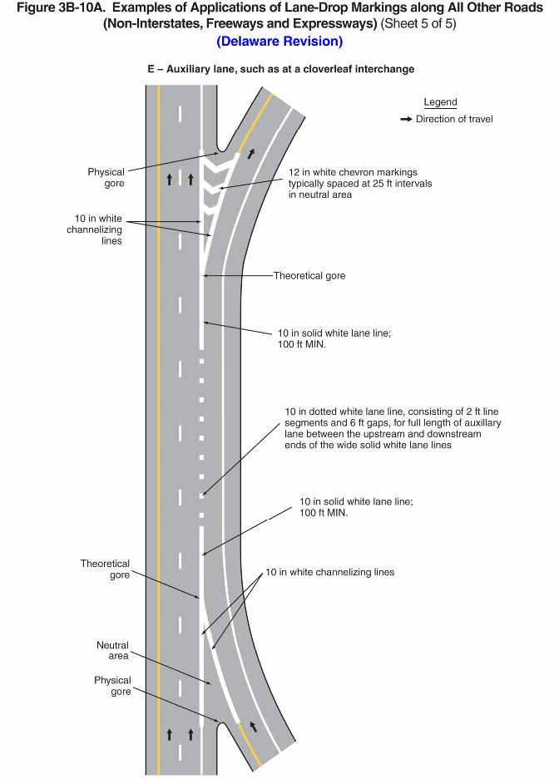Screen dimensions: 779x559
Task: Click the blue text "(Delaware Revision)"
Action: point(279,42)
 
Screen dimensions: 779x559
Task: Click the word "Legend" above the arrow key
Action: point(440,102)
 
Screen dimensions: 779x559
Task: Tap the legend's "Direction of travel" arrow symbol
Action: point(406,119)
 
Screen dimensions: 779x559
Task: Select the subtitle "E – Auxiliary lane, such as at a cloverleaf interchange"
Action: point(280,69)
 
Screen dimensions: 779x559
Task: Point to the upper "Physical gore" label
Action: point(106,177)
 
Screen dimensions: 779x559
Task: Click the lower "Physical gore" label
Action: point(112,686)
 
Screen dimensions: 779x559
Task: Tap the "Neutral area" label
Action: point(112,650)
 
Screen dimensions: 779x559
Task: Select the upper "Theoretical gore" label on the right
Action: point(309,275)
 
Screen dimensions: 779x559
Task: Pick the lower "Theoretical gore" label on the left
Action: point(105,569)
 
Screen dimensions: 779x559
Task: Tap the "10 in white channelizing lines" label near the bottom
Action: point(329,572)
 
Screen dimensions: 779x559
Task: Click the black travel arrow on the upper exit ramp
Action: point(250,155)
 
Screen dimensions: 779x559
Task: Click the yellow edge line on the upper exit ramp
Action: point(256,121)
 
